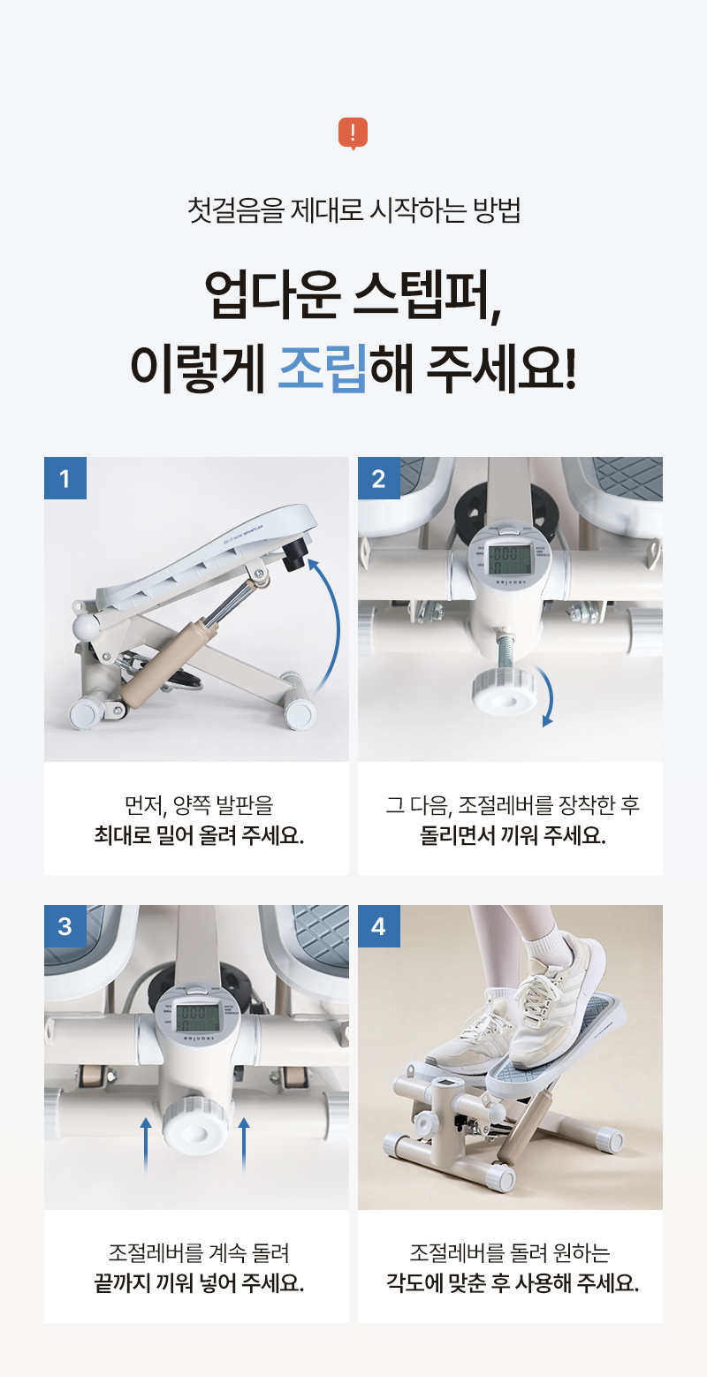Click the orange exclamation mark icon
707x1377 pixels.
pos(353,133)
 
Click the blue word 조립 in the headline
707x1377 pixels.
pos(323,368)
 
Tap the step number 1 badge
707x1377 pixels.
pos(65,477)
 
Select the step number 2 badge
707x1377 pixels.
pos(379,477)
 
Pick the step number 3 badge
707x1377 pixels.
pos(65,925)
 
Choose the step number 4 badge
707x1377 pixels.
pos(379,925)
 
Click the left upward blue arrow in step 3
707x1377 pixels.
pos(146,1145)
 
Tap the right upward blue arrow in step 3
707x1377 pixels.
pos(243,1145)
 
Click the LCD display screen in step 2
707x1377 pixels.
pos(508,559)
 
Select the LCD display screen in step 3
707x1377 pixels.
pos(197,1016)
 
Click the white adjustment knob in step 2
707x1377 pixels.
pos(504,693)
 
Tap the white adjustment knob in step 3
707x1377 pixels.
pos(196,1124)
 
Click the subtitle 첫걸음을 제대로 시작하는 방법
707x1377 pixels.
pos(353,210)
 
